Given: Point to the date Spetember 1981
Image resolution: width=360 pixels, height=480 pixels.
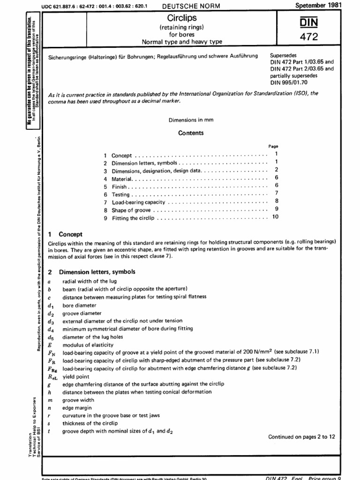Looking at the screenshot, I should pos(319,5).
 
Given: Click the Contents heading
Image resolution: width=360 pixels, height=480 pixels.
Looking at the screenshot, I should pos(191,133).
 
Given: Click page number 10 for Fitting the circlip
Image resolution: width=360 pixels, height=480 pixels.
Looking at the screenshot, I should pos(275,217).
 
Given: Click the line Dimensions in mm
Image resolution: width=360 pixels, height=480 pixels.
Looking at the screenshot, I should pos(191,120).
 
